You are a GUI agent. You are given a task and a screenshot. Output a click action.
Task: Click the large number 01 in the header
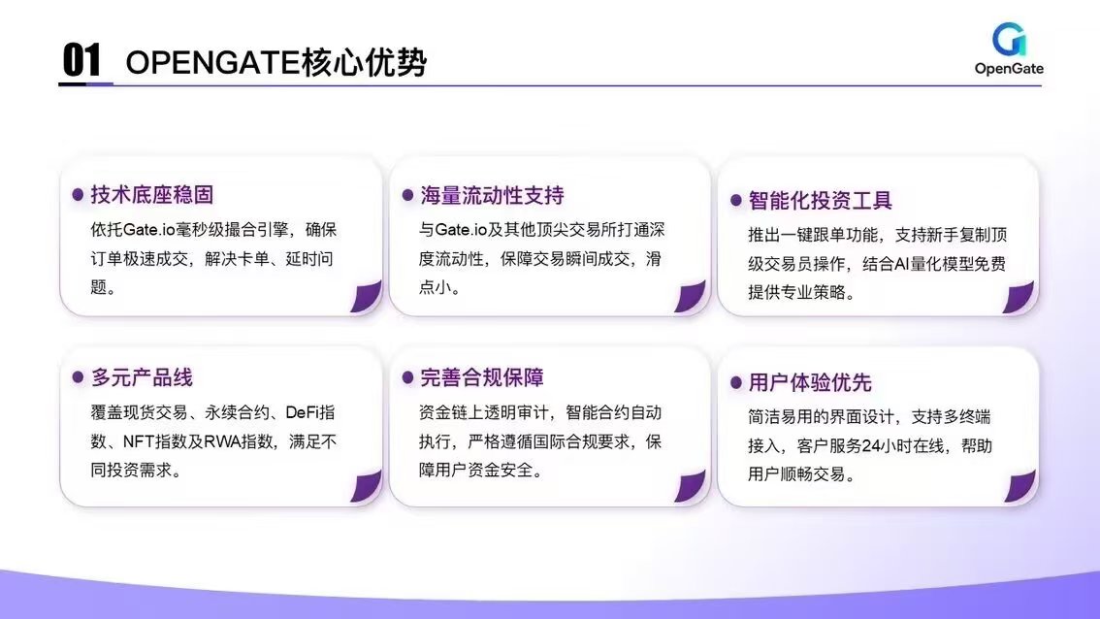tap(81, 59)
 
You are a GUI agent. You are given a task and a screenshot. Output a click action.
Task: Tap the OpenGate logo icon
tap(1009, 40)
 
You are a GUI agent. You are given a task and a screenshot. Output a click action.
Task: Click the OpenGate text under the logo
tap(1009, 69)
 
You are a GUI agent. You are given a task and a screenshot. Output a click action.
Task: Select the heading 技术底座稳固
tap(151, 194)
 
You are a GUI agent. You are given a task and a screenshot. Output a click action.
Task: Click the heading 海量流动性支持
tap(492, 195)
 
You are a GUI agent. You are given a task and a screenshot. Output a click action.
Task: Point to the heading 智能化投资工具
tap(820, 201)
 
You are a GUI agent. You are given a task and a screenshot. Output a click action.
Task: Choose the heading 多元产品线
tap(142, 377)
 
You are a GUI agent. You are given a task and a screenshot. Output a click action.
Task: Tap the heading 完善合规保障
tap(482, 377)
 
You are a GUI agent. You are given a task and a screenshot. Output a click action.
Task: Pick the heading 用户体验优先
tap(810, 382)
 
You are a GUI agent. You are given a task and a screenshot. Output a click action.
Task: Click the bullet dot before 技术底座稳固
tap(78, 195)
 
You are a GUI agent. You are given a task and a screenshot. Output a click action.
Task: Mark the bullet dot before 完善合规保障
tap(407, 377)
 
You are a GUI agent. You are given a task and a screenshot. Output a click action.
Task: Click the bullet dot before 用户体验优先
tap(736, 382)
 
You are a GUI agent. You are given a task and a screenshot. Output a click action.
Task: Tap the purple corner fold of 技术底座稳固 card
tap(367, 296)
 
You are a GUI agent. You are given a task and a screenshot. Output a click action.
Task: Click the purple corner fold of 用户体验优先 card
tap(1020, 486)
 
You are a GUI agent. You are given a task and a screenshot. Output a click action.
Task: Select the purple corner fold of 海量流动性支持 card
tap(691, 296)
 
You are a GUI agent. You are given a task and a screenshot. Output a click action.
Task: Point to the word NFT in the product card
tap(138, 441)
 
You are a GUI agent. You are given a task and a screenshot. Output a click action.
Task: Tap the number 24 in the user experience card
tap(871, 445)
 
